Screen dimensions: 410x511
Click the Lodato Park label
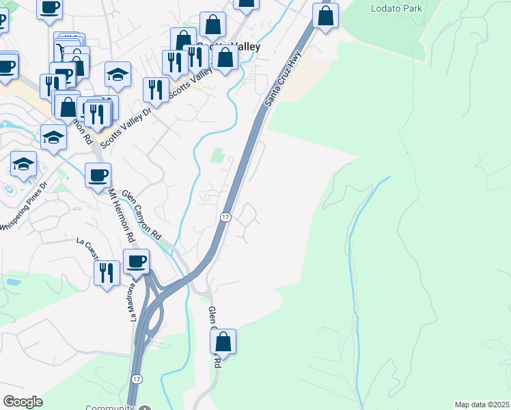396,9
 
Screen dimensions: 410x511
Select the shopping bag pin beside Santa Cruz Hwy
326,16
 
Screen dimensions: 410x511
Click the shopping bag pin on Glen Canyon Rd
223,341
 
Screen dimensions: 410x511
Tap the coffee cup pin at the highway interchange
137,261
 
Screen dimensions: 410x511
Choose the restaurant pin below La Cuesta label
106,273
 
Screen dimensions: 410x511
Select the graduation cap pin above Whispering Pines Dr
23,165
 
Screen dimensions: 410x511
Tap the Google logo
23,402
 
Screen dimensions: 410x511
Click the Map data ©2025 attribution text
482,405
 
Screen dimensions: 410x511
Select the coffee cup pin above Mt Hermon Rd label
98,176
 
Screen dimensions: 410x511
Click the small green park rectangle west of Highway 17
217,156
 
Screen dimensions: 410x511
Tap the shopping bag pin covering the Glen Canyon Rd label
223,341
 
